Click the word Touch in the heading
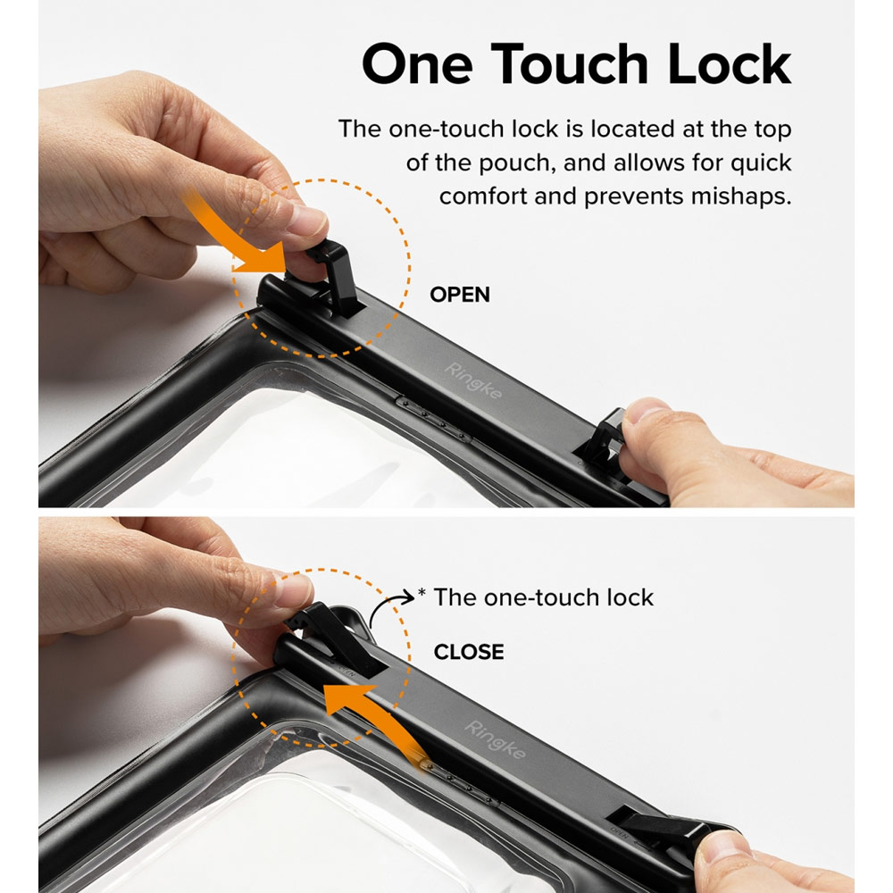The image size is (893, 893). [570, 63]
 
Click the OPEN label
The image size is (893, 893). [460, 295]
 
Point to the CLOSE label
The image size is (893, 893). [469, 652]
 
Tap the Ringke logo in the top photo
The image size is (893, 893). [472, 380]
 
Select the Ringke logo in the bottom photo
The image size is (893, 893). [495, 739]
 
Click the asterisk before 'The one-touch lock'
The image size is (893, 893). [421, 592]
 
